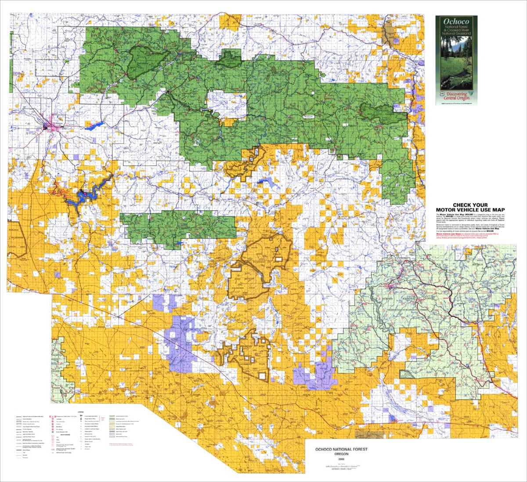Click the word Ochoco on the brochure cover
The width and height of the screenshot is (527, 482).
point(456,21)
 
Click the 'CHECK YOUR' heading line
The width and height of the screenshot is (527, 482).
point(471,205)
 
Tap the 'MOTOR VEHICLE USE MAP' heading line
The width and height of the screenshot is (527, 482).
point(471,210)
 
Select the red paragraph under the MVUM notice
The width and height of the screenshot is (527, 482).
point(471,236)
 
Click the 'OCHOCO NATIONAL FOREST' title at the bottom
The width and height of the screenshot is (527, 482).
point(341,449)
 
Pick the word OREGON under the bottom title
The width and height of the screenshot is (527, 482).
point(341,454)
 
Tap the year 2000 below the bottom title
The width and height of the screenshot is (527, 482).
point(341,460)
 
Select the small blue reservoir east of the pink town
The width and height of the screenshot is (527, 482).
point(95,127)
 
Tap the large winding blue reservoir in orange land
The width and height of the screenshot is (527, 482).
point(88,193)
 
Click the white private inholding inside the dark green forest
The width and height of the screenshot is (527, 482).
point(227,105)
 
